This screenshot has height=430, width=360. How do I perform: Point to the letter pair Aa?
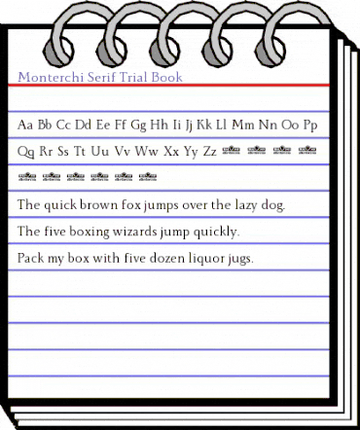tap(26, 125)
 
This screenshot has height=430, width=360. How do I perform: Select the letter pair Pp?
tap(318, 125)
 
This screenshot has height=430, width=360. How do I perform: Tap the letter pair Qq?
tap(26, 152)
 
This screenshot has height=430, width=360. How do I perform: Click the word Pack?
tap(30, 259)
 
